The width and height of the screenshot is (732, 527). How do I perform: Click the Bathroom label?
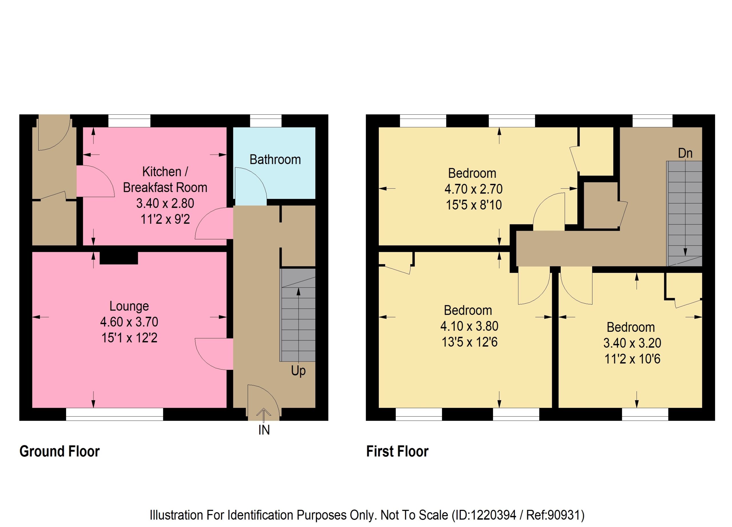275,160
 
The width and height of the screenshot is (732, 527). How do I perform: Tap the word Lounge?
129,306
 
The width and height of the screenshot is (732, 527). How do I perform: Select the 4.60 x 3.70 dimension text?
129,322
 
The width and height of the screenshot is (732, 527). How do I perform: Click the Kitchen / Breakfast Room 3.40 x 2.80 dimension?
165,203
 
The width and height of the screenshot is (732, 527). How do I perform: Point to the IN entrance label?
264,430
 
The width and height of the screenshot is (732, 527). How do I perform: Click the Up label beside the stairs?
298,371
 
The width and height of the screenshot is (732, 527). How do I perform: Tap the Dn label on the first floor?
685,153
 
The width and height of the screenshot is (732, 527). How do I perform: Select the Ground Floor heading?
60,451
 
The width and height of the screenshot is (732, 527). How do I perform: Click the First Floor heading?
397,451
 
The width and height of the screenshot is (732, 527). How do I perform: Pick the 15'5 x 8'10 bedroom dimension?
474,205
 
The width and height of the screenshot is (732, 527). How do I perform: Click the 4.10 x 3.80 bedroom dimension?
469,326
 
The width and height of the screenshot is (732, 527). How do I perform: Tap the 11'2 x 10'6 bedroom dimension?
632,359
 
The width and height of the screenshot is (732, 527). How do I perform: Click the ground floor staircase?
298,315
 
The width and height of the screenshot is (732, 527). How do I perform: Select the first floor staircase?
685,213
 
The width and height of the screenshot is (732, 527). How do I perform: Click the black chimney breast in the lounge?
119,258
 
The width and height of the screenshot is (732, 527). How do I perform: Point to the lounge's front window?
115,414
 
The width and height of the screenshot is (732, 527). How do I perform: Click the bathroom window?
266,121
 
